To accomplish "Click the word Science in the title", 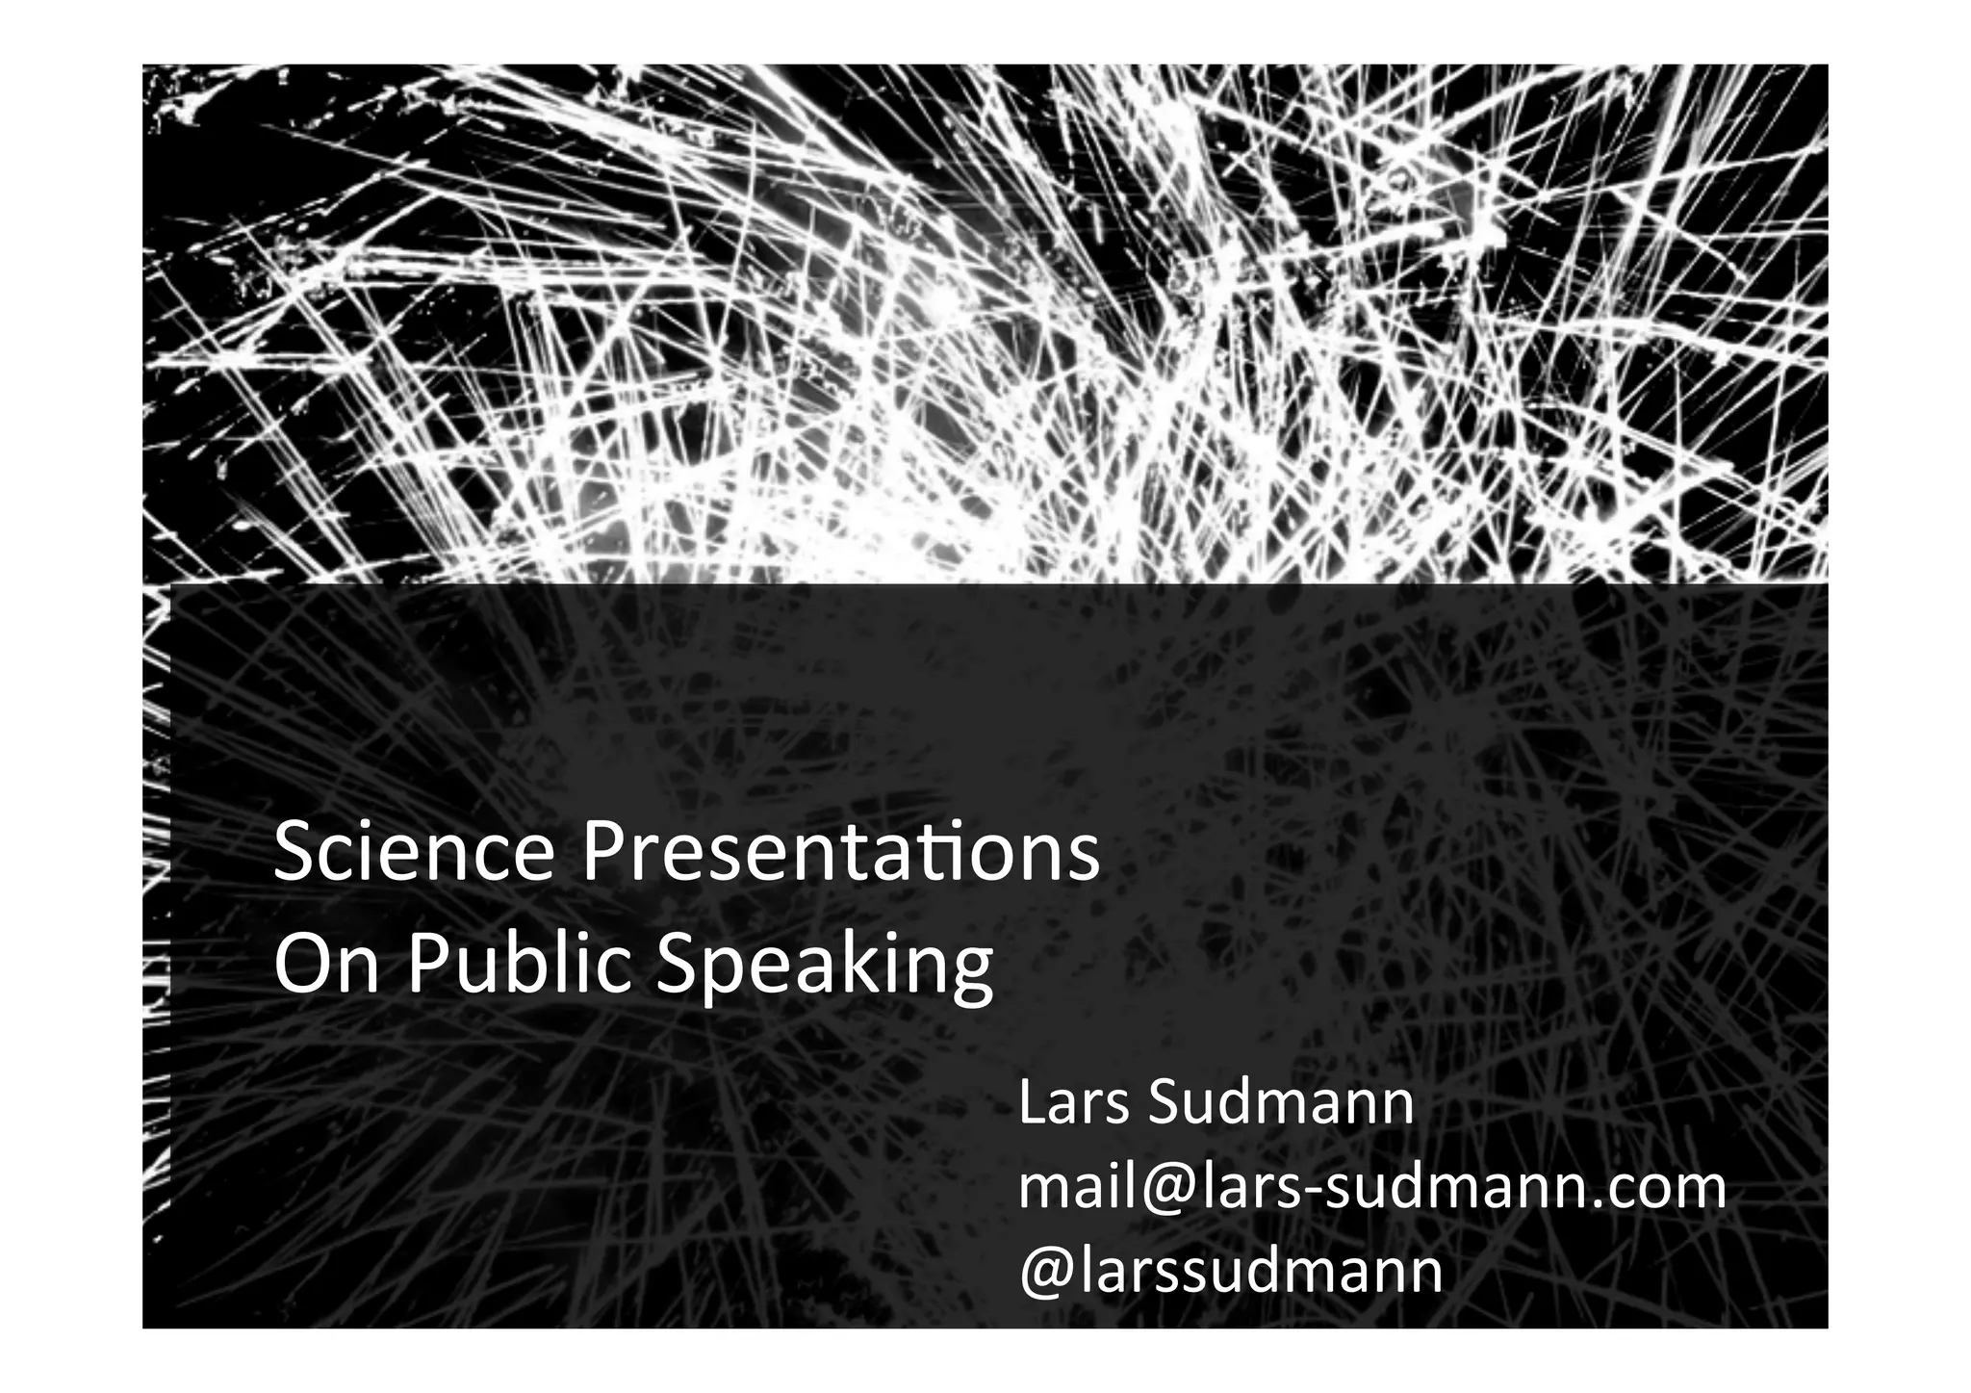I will [x=414, y=853].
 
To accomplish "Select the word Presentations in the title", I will [x=840, y=853].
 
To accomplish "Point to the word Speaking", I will [x=824, y=967].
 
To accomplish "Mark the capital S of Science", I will [x=294, y=853].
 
